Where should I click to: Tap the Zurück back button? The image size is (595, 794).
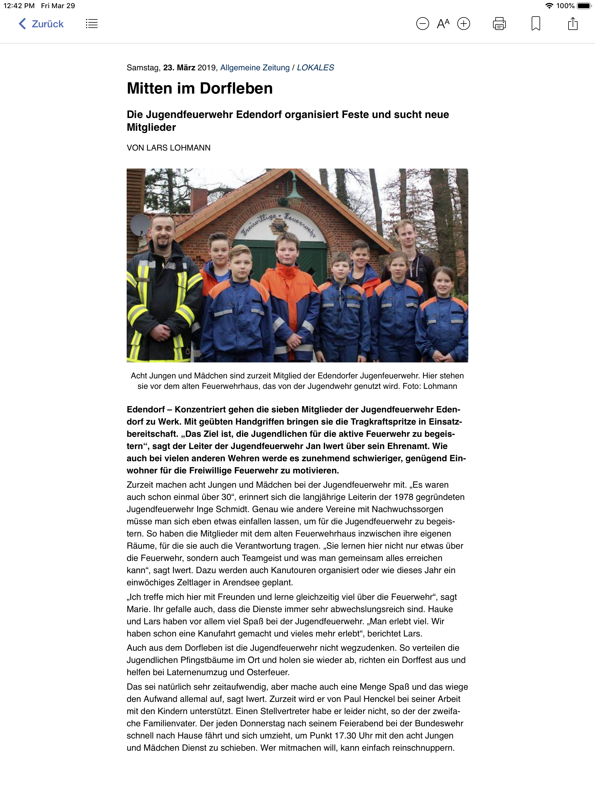click(41, 24)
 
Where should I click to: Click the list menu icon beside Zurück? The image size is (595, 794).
click(92, 24)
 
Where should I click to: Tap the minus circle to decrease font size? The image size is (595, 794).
click(422, 24)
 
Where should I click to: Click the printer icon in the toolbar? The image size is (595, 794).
click(499, 24)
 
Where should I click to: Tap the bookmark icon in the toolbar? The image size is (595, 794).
click(535, 24)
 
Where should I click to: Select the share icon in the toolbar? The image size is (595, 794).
click(573, 24)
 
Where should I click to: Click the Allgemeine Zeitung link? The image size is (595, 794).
click(255, 68)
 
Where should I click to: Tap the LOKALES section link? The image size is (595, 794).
click(316, 68)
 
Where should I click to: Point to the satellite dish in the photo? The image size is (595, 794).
click(139, 224)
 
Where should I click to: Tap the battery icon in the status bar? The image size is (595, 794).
click(584, 6)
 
